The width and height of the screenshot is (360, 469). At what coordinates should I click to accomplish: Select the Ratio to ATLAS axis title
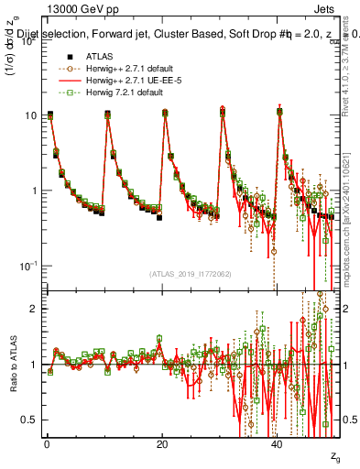14,365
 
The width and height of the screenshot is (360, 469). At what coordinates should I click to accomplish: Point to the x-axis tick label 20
162,444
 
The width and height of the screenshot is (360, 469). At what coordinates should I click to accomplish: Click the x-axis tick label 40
278,444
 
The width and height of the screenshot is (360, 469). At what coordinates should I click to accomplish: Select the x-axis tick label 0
46,444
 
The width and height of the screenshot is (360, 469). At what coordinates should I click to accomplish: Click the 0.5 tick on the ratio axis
30,420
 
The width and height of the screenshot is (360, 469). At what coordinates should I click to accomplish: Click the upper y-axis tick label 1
34,191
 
